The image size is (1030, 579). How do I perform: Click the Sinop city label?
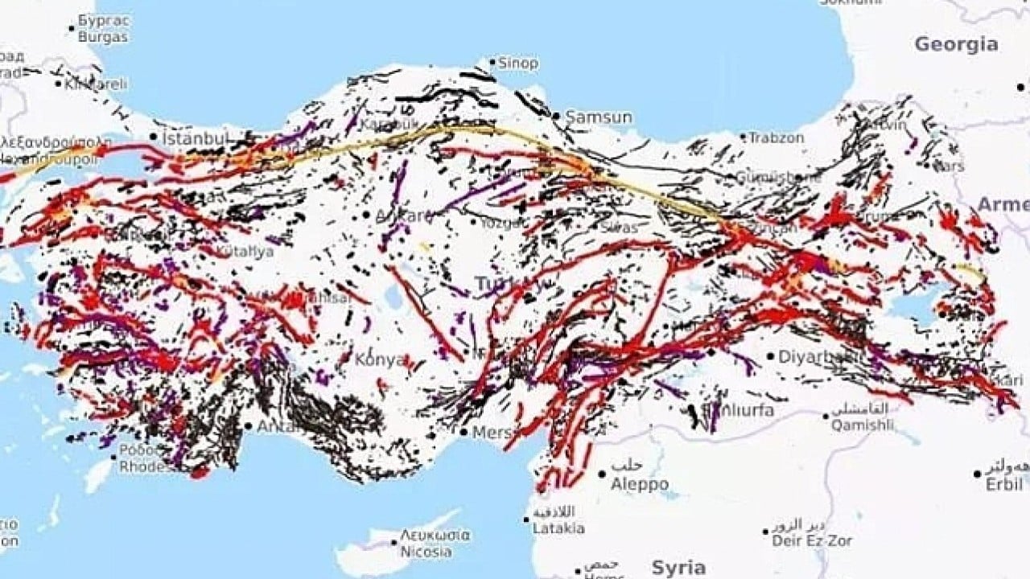tap(519, 63)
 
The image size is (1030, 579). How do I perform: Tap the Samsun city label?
tap(599, 117)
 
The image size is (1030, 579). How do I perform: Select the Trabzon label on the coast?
tap(777, 138)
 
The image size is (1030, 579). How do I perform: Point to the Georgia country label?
tap(956, 44)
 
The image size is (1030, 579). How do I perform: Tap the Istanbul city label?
tap(196, 138)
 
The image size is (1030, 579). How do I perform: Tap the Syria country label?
tap(678, 568)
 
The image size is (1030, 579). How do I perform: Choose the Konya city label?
tap(381, 359)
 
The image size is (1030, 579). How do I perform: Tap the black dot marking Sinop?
tap(492, 61)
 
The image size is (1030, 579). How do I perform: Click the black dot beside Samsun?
tap(555, 117)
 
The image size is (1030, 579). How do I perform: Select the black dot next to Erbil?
tap(978, 474)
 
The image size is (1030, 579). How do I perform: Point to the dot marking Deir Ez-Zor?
tap(765, 532)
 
